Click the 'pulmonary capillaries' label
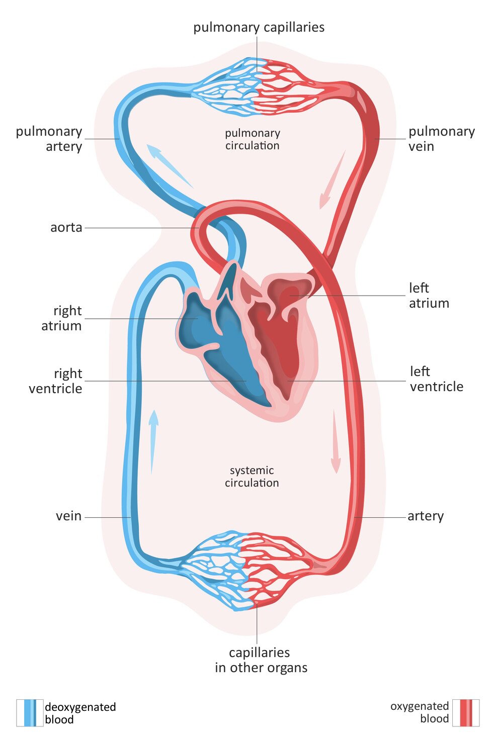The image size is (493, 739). click(x=259, y=27)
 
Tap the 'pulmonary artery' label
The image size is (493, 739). click(x=49, y=139)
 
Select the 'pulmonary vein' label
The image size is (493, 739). click(x=441, y=139)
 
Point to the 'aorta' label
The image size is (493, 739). click(x=66, y=227)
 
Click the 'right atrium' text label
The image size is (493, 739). click(x=62, y=318)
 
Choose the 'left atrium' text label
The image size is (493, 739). click(x=429, y=296)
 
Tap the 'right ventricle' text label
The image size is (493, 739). click(x=55, y=381)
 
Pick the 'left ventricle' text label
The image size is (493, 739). click(x=436, y=379)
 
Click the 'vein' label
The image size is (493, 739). click(x=68, y=516)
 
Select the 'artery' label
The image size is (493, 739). click(x=426, y=516)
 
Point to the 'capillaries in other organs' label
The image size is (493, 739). click(x=261, y=660)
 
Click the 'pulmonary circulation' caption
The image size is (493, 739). click(x=252, y=139)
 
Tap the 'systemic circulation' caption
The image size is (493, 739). click(x=252, y=477)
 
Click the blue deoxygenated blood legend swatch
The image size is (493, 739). click(x=30, y=713)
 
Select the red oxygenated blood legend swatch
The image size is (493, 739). click(x=466, y=713)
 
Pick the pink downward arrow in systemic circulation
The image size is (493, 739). click(x=335, y=442)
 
